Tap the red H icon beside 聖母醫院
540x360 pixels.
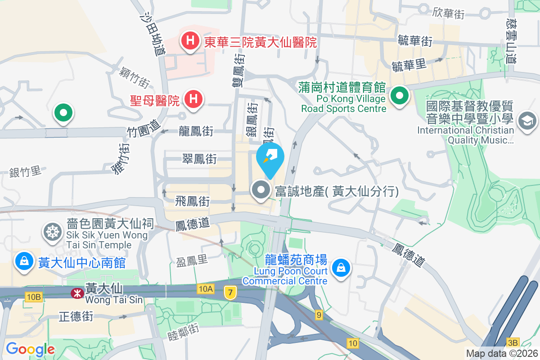coord(193,100)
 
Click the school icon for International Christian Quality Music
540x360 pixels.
coord(527,121)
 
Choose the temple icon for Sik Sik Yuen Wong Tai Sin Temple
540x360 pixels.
coord(53,232)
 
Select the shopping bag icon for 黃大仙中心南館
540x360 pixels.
coord(24,261)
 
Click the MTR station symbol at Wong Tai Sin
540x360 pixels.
coord(77,293)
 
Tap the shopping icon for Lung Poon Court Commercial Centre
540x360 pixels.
coord(341,269)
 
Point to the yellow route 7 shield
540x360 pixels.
coord(230,293)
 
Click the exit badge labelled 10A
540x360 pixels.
coord(205,289)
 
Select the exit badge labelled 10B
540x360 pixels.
coord(34,297)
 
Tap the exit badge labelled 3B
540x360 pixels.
coord(513,342)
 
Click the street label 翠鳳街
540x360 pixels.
coord(199,159)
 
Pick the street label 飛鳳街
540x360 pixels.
coord(193,201)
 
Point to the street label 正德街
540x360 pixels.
coord(76,317)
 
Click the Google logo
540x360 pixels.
coord(30,349)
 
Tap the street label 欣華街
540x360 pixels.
coord(449,13)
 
